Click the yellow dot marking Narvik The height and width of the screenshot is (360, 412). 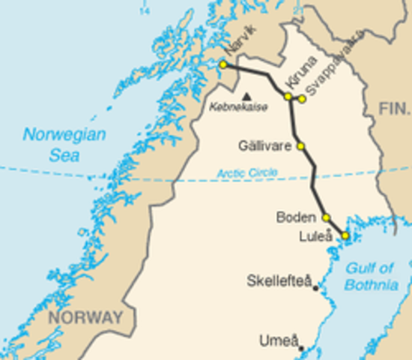tap(222, 65)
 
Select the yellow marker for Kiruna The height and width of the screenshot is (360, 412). tap(288, 97)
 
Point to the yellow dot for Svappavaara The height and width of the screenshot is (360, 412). tap(302, 98)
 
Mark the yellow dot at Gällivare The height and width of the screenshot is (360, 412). tap(300, 146)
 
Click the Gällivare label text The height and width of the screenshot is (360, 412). tap(264, 146)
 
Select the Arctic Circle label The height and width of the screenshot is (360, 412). tap(247, 173)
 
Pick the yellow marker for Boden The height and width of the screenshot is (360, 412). tap(326, 217)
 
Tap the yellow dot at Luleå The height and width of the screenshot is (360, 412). tap(345, 235)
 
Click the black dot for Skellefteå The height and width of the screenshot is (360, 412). tap(316, 288)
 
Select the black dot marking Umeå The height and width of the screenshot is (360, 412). tap(300, 348)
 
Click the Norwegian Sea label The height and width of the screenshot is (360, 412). tap(64, 143)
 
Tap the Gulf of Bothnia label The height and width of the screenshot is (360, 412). tap(371, 276)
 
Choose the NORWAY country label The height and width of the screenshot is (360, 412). tap(85, 317)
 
